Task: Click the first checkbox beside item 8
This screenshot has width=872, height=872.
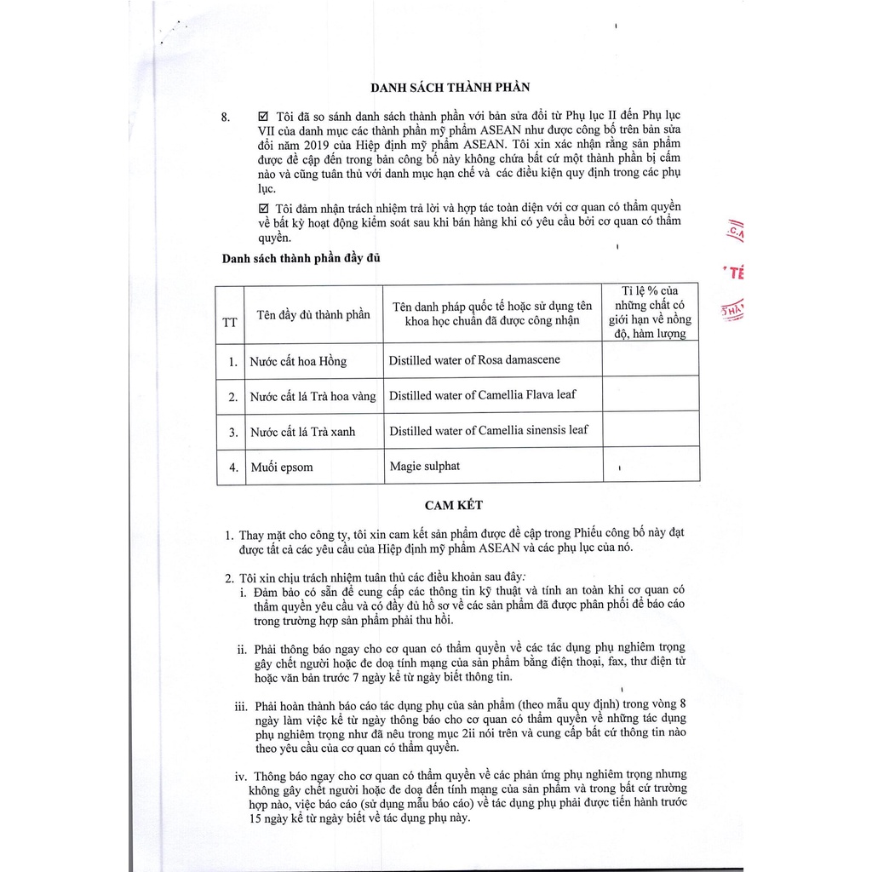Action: point(261,115)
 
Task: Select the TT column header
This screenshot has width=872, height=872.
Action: point(230,322)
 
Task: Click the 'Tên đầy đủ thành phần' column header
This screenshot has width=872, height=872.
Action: point(313,314)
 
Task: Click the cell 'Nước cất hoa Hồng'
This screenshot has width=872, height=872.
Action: point(298,361)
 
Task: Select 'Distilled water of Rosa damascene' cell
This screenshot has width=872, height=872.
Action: point(474,359)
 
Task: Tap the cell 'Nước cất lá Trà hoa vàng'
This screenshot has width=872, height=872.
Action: point(313,397)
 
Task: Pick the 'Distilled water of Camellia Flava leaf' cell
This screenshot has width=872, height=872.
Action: point(482,395)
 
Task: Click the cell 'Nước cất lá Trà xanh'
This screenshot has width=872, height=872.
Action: point(302,432)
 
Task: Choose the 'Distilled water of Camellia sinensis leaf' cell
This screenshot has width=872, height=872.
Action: point(488,430)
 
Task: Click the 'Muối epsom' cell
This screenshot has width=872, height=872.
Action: point(281,468)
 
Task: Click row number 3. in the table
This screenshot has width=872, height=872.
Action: point(232,432)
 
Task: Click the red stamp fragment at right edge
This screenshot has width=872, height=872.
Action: point(734,272)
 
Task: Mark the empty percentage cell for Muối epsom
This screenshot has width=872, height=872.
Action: point(651,467)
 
